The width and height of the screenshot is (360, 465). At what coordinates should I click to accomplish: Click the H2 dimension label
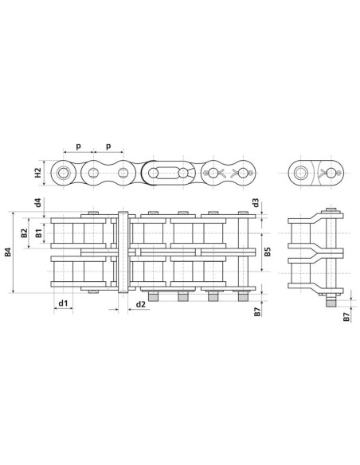[37, 173]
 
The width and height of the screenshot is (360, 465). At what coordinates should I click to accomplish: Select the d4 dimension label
[39, 202]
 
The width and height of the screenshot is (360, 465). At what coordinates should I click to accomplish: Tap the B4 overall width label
[8, 253]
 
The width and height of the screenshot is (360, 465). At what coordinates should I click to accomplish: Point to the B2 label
[25, 233]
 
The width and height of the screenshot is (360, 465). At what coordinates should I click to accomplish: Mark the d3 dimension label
[255, 203]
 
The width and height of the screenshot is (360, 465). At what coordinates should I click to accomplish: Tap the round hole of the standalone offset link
[303, 173]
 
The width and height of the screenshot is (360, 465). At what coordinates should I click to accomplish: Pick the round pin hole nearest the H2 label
[63, 173]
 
